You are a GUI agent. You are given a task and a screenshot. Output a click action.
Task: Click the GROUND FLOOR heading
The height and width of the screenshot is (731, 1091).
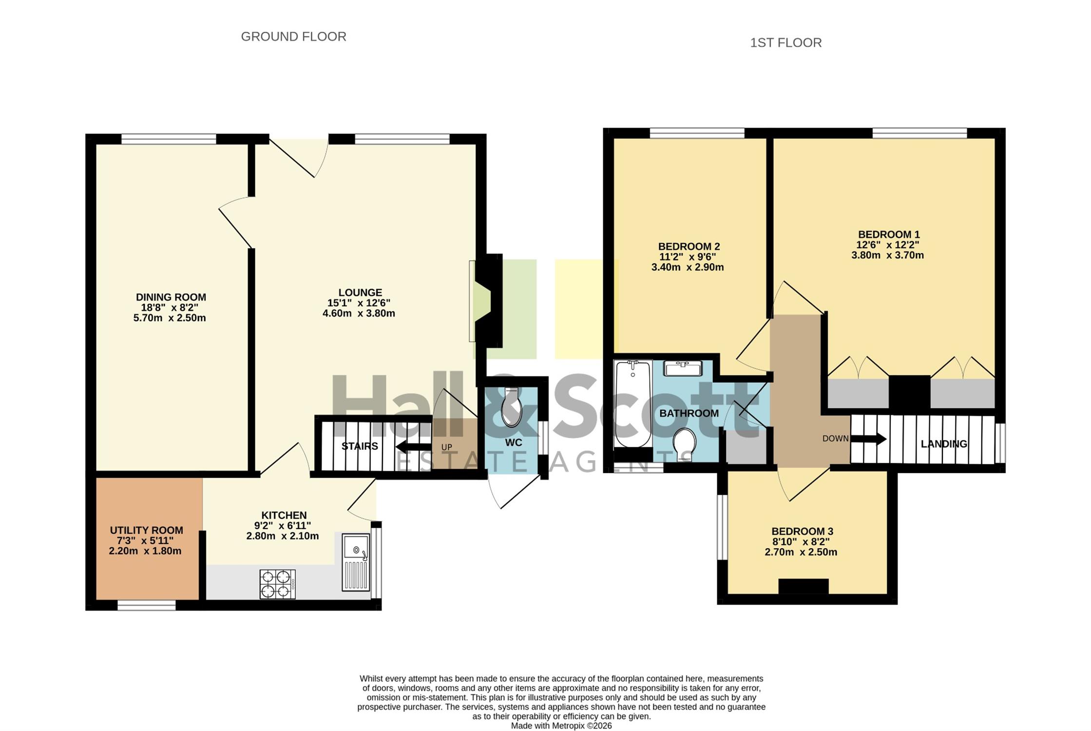pyautogui.click(x=293, y=37)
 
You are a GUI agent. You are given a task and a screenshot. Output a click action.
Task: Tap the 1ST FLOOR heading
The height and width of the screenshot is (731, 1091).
pyautogui.click(x=785, y=43)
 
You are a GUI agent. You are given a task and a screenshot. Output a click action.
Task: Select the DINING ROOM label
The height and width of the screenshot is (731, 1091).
pyautogui.click(x=171, y=297)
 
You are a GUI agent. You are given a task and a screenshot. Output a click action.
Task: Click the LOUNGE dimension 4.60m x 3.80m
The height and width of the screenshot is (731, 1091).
pyautogui.click(x=359, y=313)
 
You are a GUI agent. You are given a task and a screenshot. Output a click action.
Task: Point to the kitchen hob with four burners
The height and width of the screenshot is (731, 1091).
pyautogui.click(x=277, y=584)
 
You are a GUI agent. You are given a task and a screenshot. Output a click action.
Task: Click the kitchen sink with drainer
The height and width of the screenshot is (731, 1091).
pyautogui.click(x=356, y=562)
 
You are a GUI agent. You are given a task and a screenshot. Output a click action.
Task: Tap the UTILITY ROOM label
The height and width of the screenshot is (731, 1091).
pyautogui.click(x=146, y=530)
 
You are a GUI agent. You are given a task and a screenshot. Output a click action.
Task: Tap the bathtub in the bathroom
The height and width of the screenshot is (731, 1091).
pyautogui.click(x=633, y=404)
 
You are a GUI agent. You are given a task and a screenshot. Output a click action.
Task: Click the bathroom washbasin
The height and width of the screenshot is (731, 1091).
pyautogui.click(x=683, y=368)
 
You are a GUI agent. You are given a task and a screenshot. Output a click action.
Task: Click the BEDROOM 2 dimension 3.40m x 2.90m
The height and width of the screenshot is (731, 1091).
pyautogui.click(x=687, y=268)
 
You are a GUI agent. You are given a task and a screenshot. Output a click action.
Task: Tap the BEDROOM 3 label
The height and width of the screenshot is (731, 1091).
pyautogui.click(x=802, y=531)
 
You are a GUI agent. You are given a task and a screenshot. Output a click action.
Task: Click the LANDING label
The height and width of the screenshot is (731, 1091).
pyautogui.click(x=944, y=444)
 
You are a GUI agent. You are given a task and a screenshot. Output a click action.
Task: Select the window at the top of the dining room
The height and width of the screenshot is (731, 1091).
pyautogui.click(x=169, y=139)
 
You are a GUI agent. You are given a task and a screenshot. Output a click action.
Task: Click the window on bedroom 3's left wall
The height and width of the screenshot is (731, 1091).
pyautogui.click(x=722, y=527)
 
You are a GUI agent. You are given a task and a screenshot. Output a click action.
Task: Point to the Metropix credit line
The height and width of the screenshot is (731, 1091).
pyautogui.click(x=561, y=726)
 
